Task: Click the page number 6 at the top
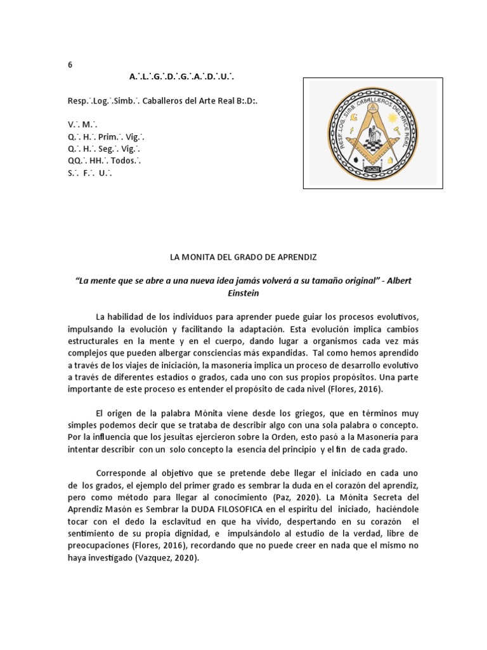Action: [x=70, y=65]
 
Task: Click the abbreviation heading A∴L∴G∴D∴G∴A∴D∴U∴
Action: [x=183, y=77]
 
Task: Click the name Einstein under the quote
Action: [x=243, y=293]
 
